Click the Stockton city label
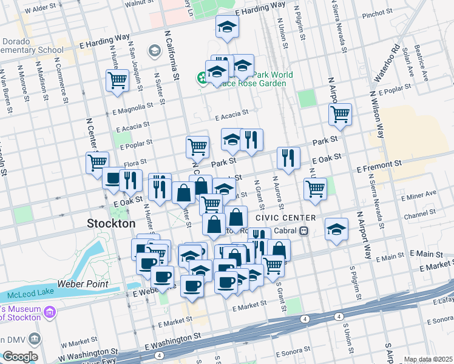111,223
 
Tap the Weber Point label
83,284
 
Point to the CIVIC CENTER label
285,218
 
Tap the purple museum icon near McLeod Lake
50,312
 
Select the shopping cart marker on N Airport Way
340,113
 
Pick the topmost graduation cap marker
227,27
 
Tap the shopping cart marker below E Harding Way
117,80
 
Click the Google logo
20,357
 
